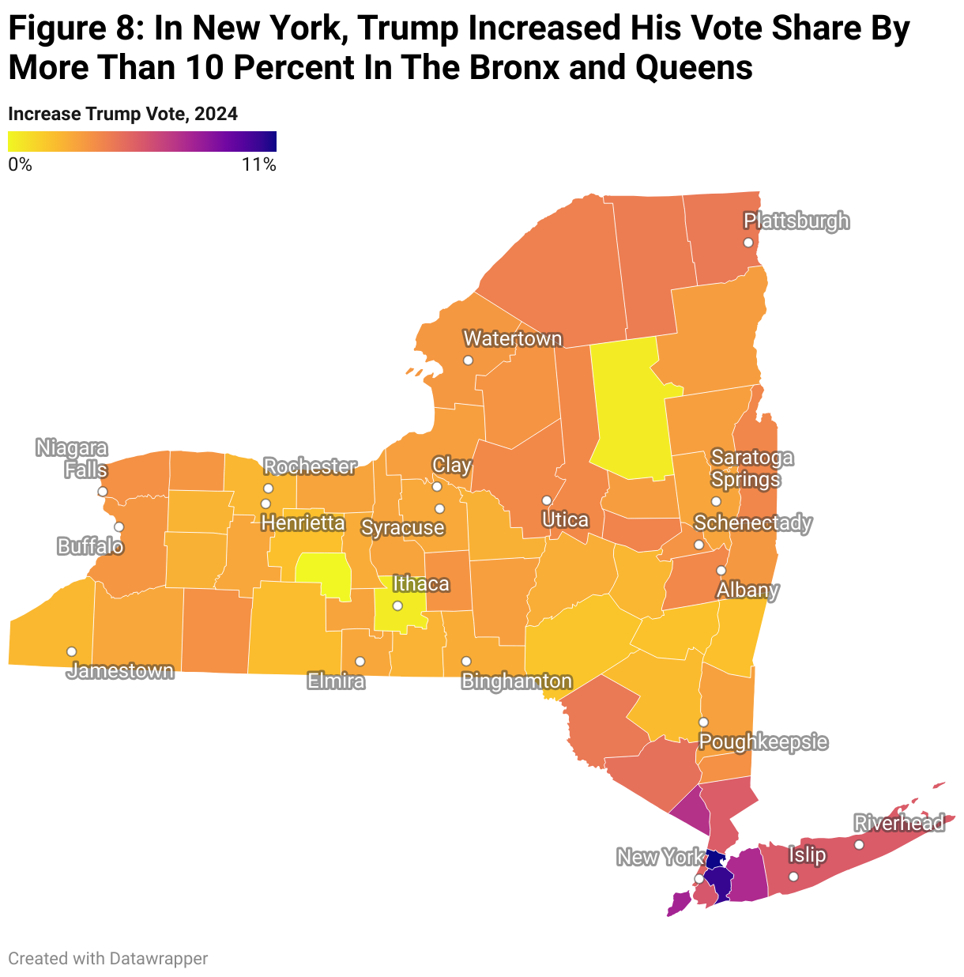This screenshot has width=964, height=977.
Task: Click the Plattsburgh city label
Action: click(796, 221)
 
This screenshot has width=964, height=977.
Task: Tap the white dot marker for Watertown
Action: click(468, 360)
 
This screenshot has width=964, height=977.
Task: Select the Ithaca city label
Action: click(420, 584)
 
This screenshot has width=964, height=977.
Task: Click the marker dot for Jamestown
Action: click(72, 651)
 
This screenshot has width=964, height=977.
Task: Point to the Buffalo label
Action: click(90, 546)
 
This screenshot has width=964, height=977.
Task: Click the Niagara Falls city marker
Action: click(102, 492)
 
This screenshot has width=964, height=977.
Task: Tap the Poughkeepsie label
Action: click(763, 742)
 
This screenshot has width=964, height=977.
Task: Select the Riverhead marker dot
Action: click(859, 845)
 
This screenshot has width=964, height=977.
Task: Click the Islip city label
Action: click(807, 854)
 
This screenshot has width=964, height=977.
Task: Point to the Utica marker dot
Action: click(546, 500)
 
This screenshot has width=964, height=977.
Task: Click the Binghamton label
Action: click(516, 681)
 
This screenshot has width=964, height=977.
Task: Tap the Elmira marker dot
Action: click(360, 661)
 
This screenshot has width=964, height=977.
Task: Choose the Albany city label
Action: click(747, 590)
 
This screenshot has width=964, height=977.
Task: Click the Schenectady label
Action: click(752, 523)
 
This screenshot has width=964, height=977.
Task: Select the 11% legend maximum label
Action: click(259, 164)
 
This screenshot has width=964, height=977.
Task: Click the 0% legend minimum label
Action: click(20, 164)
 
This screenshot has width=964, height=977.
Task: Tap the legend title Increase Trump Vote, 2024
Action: click(122, 114)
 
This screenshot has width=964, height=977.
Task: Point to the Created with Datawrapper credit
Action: click(107, 958)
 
